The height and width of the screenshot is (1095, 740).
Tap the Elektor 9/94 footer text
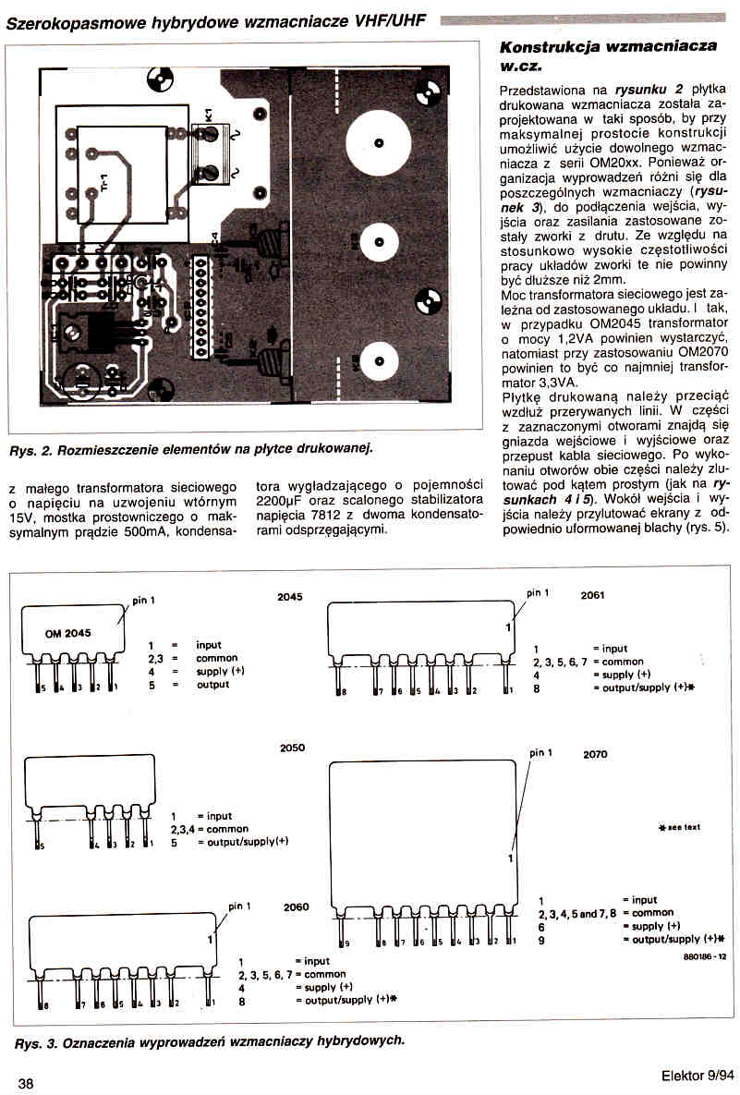click(x=698, y=1076)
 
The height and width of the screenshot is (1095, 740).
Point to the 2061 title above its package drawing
click(x=592, y=595)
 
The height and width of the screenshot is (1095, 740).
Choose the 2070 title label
click(x=596, y=754)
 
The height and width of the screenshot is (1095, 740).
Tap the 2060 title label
click(x=297, y=906)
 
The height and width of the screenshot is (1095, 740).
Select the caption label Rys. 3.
click(x=35, y=1040)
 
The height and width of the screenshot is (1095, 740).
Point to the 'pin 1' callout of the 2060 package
click(x=239, y=906)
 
